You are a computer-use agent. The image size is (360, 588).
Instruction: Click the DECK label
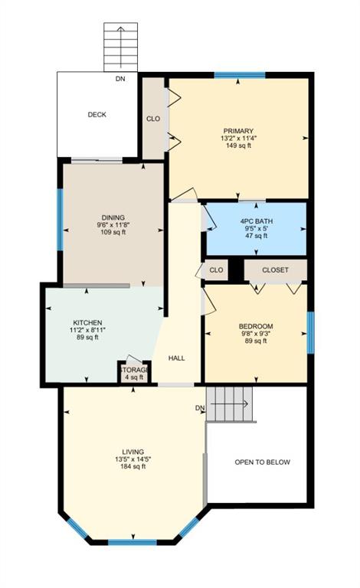(x=97, y=115)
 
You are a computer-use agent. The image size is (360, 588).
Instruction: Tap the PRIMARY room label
(x=238, y=131)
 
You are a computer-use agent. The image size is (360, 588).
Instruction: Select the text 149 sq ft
(x=238, y=145)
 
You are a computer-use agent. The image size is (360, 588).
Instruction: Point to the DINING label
(x=113, y=217)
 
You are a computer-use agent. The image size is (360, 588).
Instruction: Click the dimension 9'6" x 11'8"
(x=113, y=225)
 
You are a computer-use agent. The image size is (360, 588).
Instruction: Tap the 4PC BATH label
(x=257, y=220)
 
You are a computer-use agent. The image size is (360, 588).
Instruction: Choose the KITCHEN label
(x=87, y=322)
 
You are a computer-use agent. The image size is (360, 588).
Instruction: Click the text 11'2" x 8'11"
(x=87, y=330)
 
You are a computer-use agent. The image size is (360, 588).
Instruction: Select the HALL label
(x=177, y=358)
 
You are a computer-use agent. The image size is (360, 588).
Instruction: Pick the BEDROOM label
(x=256, y=326)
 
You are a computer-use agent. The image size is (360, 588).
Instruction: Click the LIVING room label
(x=133, y=452)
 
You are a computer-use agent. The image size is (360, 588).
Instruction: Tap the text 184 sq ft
(x=133, y=466)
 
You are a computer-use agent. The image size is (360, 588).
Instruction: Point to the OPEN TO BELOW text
(x=263, y=462)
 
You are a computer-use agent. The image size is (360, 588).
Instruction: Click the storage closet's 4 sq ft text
(x=134, y=377)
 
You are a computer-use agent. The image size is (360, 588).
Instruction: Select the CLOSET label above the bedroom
(x=275, y=270)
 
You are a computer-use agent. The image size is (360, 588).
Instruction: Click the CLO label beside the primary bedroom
(x=153, y=119)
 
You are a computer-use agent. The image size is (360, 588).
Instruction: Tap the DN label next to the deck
(x=120, y=79)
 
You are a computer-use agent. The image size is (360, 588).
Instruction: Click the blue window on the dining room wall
(x=60, y=220)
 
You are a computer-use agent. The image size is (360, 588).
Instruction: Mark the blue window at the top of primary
(x=240, y=75)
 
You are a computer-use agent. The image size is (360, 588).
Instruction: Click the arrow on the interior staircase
(x=230, y=404)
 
